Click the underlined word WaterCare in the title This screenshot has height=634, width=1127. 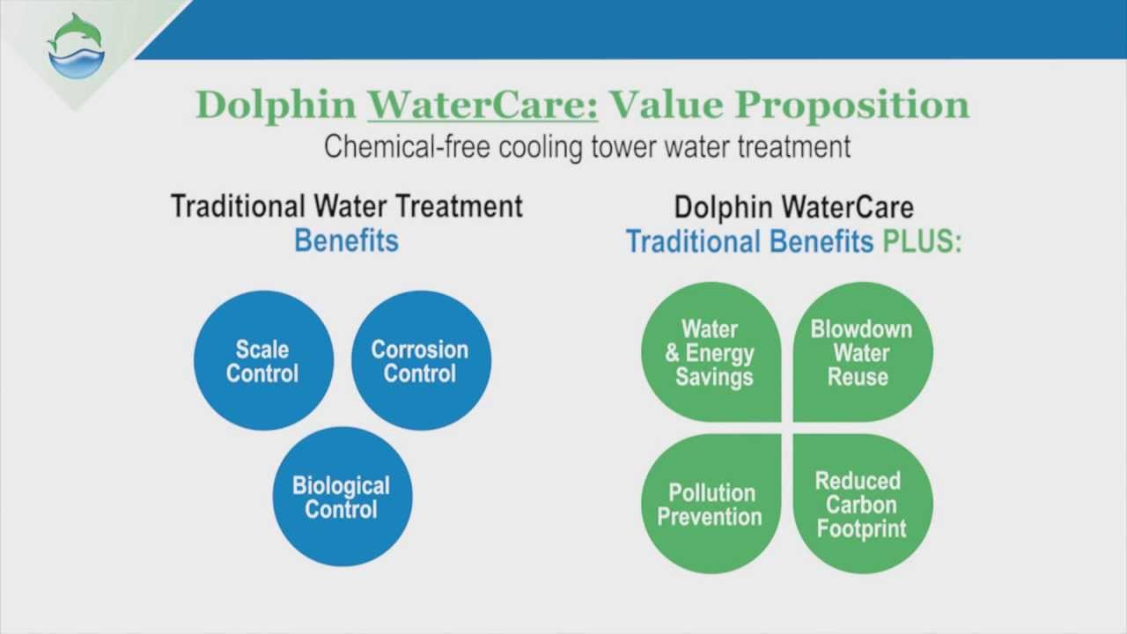point(482,104)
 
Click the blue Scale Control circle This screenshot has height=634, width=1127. point(263,361)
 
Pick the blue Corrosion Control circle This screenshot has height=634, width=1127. point(421,361)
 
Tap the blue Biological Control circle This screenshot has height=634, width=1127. point(342,498)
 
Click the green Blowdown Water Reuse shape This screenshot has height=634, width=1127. point(862,352)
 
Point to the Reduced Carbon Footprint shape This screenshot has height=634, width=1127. point(862,504)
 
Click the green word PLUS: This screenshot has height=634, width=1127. point(922,241)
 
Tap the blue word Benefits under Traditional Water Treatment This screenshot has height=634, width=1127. point(346,240)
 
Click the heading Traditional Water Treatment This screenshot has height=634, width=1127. point(346,206)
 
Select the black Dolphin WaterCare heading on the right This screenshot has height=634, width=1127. point(793,207)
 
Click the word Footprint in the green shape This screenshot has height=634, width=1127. point(861,529)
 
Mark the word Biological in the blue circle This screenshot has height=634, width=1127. point(341,486)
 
